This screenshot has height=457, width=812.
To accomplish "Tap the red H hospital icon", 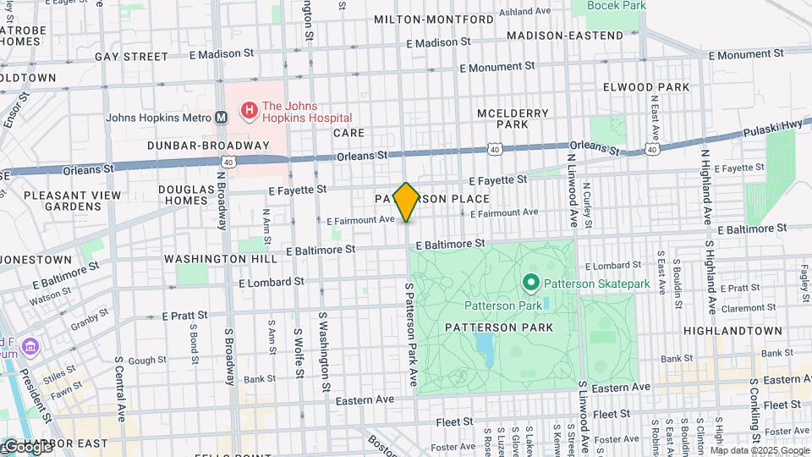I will (249, 110).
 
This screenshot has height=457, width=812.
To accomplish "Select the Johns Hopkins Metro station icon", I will (222, 118).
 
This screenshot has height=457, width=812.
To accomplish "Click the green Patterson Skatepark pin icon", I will (531, 283).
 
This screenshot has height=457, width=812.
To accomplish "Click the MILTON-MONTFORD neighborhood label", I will (433, 19).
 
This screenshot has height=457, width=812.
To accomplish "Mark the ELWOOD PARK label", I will (640, 87).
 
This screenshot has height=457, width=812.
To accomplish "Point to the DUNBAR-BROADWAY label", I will (207, 146).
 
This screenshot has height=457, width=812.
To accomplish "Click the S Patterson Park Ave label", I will (414, 338).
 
